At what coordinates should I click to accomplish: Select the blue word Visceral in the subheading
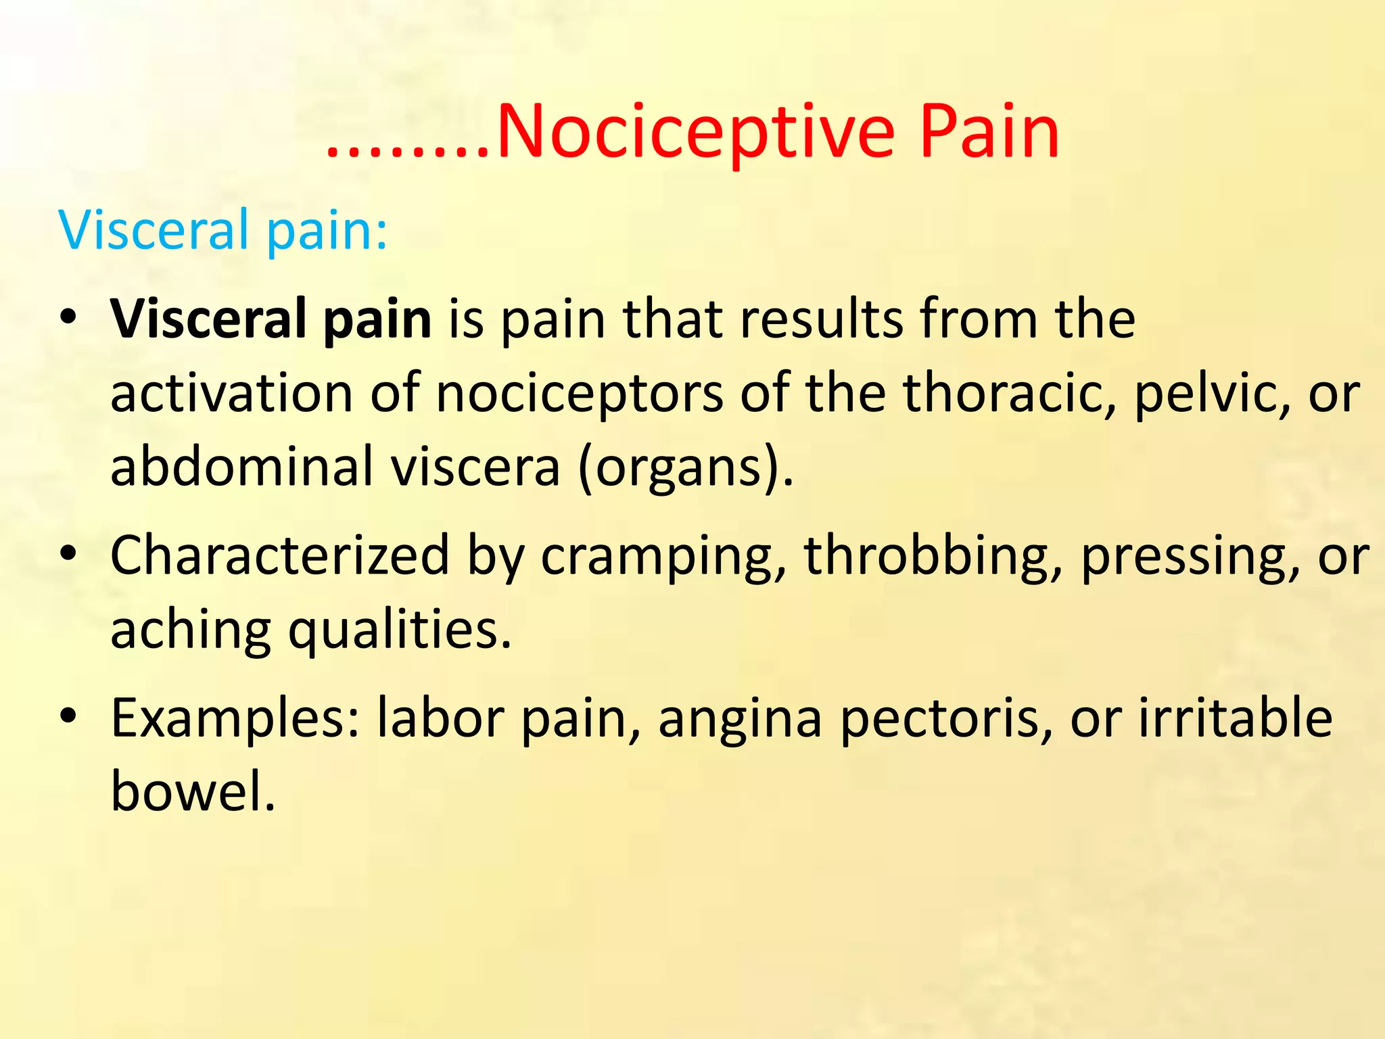pos(154,230)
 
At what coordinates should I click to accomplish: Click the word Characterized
pos(280,555)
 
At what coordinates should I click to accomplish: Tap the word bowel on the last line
pos(193,791)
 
